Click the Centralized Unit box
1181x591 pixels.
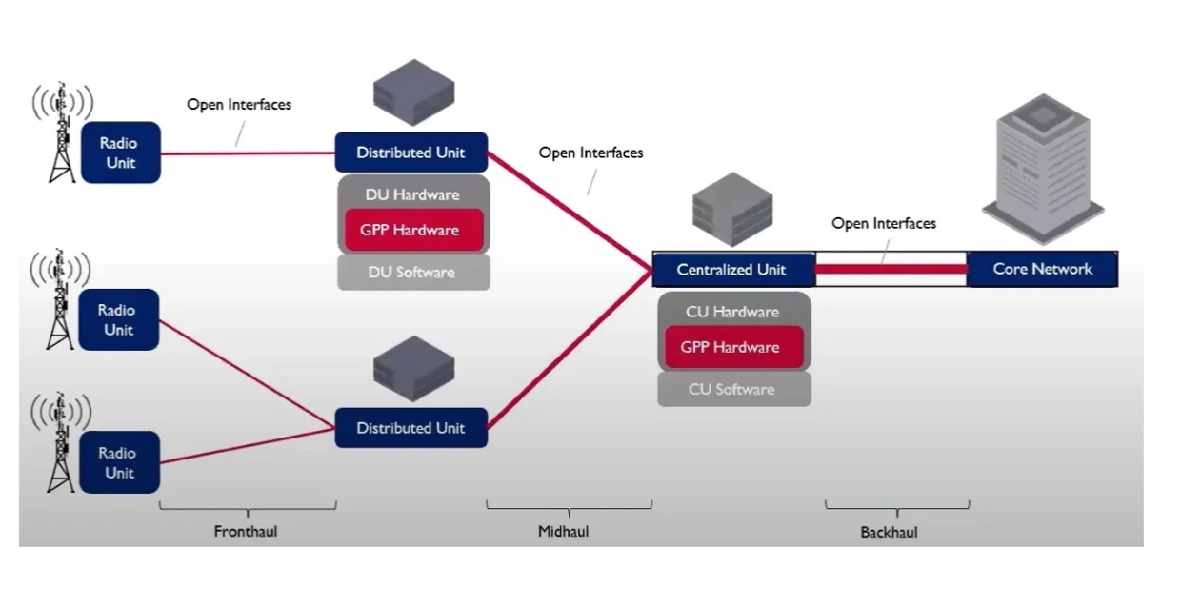click(732, 270)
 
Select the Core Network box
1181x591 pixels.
click(1042, 270)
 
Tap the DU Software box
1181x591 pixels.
click(412, 273)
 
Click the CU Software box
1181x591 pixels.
click(732, 390)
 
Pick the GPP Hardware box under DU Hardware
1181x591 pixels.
click(410, 230)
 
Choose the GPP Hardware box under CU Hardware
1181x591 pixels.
click(731, 347)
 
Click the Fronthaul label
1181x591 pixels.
click(246, 531)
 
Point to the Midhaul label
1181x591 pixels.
click(564, 531)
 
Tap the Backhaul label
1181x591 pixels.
click(889, 532)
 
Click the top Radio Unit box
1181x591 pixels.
click(119, 153)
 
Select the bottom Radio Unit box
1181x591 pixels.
click(119, 462)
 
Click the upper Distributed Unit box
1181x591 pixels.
click(410, 153)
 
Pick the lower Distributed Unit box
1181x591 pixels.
click(410, 428)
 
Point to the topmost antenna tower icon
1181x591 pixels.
click(62, 133)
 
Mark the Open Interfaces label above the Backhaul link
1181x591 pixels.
click(884, 223)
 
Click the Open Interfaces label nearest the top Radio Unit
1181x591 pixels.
click(239, 105)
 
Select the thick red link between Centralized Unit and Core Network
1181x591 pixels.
click(891, 270)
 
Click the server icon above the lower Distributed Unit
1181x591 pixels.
click(412, 371)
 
